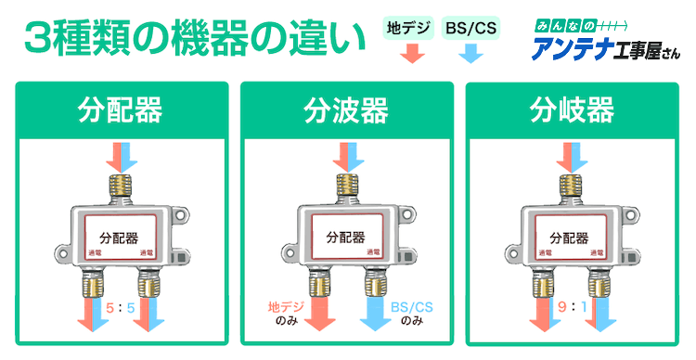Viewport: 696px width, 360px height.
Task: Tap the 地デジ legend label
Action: click(x=408, y=29)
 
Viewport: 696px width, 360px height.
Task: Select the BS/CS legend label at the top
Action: click(x=470, y=29)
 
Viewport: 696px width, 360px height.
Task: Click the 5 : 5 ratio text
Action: click(x=121, y=305)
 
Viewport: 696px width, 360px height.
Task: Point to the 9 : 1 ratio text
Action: click(x=573, y=305)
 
